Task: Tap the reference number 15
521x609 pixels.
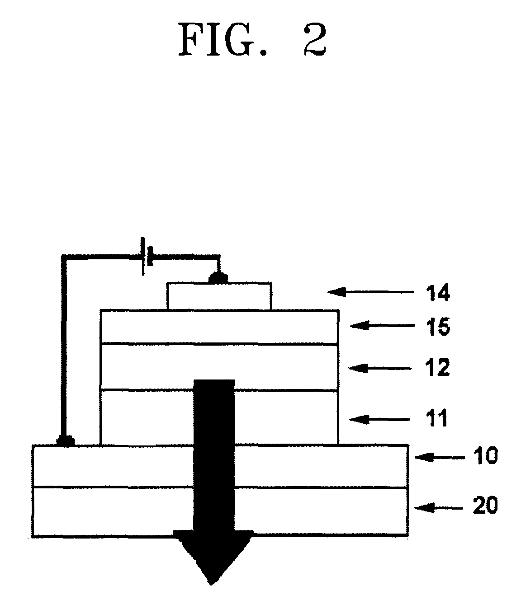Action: point(438,326)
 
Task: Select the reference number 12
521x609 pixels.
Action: point(437,368)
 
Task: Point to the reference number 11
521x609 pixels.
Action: point(435,419)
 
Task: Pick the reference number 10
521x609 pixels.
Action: point(485,457)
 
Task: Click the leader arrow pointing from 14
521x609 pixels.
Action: point(370,293)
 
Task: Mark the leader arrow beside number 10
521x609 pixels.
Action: point(440,457)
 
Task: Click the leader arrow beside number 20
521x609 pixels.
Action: point(440,507)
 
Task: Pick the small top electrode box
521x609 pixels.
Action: point(219,296)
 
